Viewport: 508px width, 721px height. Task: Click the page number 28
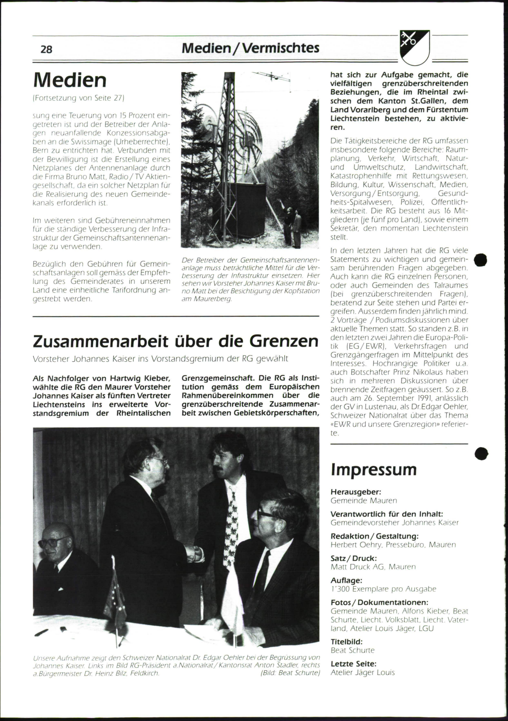click(x=46, y=50)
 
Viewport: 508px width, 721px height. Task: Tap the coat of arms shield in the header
click(x=414, y=46)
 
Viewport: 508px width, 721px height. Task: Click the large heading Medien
click(x=70, y=80)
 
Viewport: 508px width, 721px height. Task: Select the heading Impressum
click(x=373, y=469)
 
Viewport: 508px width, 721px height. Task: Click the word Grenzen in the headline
click(x=284, y=341)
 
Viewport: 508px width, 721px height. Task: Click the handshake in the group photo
click(x=196, y=552)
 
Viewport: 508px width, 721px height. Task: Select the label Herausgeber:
click(x=356, y=492)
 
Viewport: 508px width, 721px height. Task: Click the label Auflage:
click(x=346, y=581)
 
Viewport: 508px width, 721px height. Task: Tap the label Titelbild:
click(x=346, y=641)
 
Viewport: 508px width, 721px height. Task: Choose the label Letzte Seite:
click(x=353, y=663)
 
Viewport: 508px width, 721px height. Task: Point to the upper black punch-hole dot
click(x=480, y=260)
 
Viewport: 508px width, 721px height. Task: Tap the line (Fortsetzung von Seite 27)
click(x=78, y=98)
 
